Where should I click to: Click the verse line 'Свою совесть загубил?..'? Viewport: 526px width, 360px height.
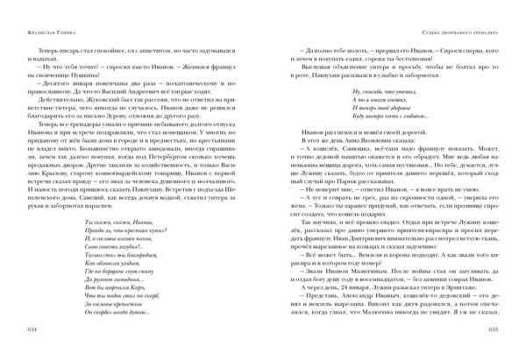[x=102, y=247]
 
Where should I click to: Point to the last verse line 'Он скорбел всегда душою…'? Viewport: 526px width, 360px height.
[x=105, y=317]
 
